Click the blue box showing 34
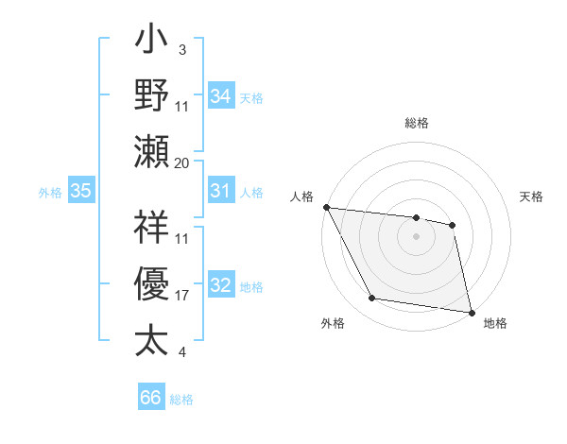click(221, 95)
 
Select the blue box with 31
click(221, 191)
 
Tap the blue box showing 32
click(221, 285)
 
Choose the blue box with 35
click(81, 191)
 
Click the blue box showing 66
click(151, 398)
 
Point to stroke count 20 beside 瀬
click(182, 162)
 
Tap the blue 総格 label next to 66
click(181, 400)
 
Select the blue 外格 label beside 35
click(50, 193)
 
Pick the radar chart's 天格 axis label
click(531, 196)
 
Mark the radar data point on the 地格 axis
click(470, 312)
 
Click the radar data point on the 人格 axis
click(326, 207)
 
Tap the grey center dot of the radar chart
click(416, 236)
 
